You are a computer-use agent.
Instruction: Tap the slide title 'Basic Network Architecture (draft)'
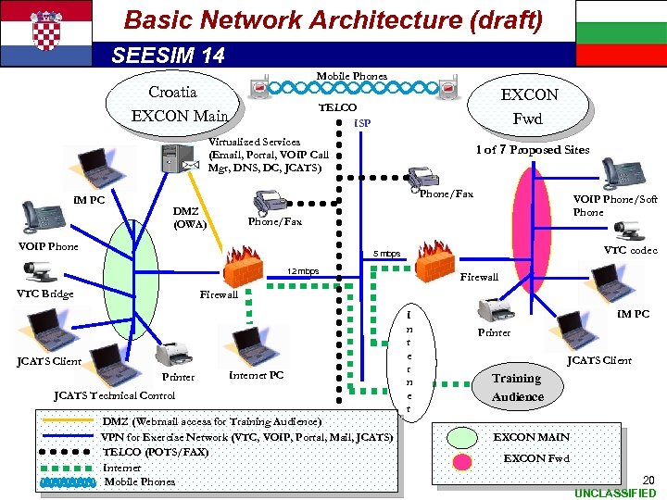pyautogui.click(x=333, y=19)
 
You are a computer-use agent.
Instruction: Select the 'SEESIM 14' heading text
pyautogui.click(x=168, y=56)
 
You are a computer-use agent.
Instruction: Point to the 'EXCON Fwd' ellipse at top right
pyautogui.click(x=529, y=106)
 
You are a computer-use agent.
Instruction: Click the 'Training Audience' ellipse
pyautogui.click(x=517, y=387)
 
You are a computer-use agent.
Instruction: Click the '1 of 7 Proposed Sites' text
pyautogui.click(x=533, y=149)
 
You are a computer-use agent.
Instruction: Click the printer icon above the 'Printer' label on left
pyautogui.click(x=174, y=355)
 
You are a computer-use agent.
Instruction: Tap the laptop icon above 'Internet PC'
pyautogui.click(x=248, y=348)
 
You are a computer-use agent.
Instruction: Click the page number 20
pyautogui.click(x=648, y=480)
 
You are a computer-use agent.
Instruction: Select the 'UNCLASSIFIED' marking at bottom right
pyautogui.click(x=614, y=493)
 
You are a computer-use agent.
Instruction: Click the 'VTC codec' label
pyautogui.click(x=630, y=250)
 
